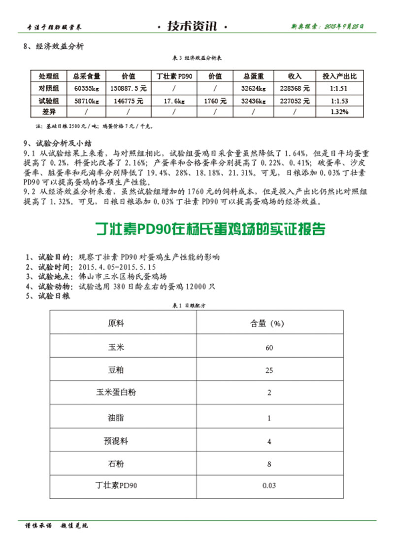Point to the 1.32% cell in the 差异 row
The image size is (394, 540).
(x=339, y=112)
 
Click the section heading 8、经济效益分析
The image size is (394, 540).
(x=54, y=47)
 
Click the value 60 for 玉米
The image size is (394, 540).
(x=269, y=348)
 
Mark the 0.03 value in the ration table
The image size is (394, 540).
(x=269, y=486)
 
